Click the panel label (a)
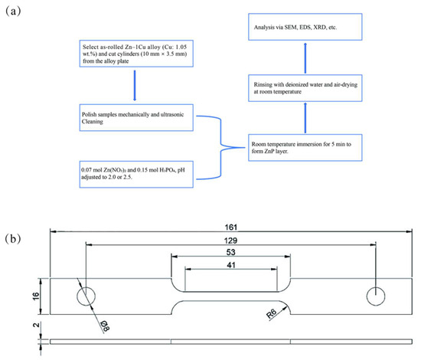tap(13, 11)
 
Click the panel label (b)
tap(13, 238)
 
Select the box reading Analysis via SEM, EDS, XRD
tap(305, 27)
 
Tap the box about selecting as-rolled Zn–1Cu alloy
tap(136, 54)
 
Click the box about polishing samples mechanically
tap(136, 118)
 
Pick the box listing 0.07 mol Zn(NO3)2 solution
tap(136, 175)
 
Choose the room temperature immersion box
tap(305, 148)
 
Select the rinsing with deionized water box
tap(305, 88)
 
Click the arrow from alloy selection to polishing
tap(135, 86)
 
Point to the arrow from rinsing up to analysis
tap(305, 57)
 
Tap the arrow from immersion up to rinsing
tap(305, 118)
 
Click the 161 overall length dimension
tap(231, 227)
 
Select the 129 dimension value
tap(231, 241)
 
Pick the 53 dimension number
tap(231, 252)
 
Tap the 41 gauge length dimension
tap(231, 265)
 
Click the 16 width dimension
tap(35, 296)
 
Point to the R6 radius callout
tap(272, 313)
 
